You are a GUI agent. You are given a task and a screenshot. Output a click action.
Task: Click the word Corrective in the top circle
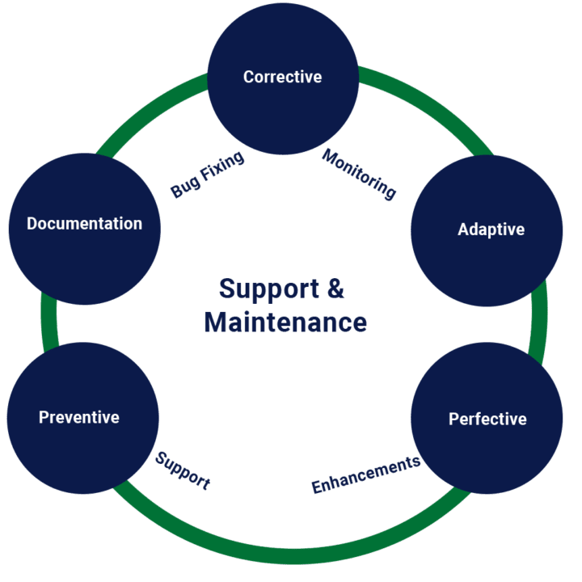(x=282, y=78)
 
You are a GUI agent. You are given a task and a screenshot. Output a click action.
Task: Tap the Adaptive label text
(x=491, y=230)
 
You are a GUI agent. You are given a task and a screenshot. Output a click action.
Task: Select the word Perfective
(x=487, y=420)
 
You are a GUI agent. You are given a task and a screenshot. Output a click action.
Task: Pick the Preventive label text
(x=79, y=418)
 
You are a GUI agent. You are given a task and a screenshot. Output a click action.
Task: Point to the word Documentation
(x=84, y=224)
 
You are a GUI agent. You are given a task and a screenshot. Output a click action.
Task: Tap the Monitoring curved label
(x=360, y=174)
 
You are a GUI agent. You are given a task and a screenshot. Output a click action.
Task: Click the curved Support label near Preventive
(x=183, y=470)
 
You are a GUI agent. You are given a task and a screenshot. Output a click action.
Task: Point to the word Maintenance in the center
(x=285, y=323)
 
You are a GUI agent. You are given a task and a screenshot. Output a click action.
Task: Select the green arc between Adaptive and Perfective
(x=541, y=323)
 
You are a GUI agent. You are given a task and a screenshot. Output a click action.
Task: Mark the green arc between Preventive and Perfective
(x=291, y=556)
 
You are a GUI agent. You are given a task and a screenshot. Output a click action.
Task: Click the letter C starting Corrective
(x=249, y=78)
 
